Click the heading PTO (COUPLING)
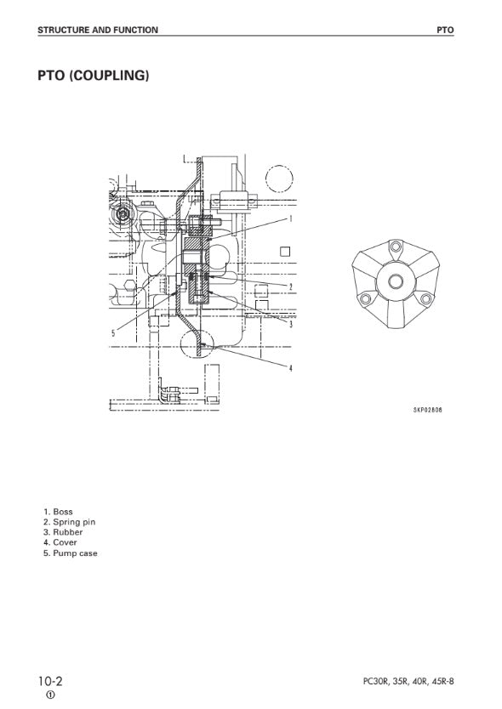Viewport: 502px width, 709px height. [x=94, y=76]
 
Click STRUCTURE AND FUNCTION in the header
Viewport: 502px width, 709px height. [x=98, y=31]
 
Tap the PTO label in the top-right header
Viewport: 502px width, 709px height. [x=445, y=31]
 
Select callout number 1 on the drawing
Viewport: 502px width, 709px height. [x=291, y=218]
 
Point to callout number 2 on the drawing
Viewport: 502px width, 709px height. [x=291, y=286]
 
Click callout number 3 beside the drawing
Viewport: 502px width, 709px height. [x=291, y=324]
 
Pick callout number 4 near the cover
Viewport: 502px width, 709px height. [x=291, y=368]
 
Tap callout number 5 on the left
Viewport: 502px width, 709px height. [x=114, y=333]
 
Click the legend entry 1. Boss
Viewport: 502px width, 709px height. [x=58, y=512]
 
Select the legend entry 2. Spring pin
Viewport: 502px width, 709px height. [x=69, y=522]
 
